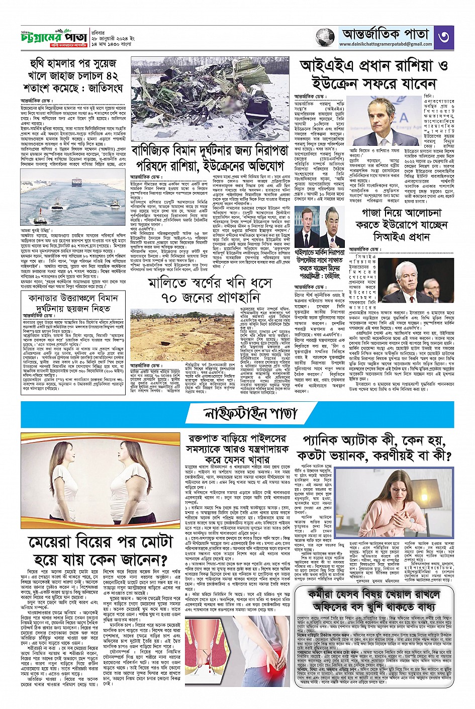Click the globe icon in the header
point(325,37)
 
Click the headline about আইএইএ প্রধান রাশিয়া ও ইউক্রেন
point(373,74)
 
